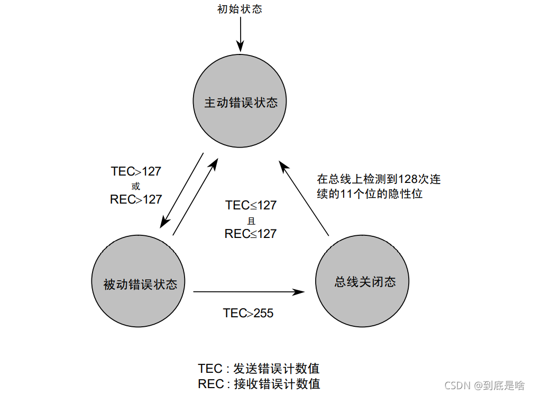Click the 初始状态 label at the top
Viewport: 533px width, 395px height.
tap(240, 9)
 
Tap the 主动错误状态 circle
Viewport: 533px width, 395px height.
tap(241, 102)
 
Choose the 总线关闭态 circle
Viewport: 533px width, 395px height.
tap(364, 281)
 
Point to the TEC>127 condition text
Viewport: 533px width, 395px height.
tap(136, 171)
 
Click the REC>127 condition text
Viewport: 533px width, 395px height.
tap(136, 199)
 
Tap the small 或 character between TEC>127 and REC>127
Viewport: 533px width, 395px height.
tap(136, 186)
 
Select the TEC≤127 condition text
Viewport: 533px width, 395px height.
tap(251, 205)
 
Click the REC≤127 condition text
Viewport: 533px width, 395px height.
tap(251, 233)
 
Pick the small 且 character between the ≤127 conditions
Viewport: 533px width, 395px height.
tap(251, 220)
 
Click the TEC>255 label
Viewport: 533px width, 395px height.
tap(248, 313)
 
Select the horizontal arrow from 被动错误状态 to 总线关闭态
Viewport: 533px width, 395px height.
tap(249, 291)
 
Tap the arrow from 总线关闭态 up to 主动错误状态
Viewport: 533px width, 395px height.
tap(305, 199)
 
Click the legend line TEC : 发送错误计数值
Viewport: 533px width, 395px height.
tap(259, 369)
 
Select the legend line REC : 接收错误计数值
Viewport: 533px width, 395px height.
tap(259, 384)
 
